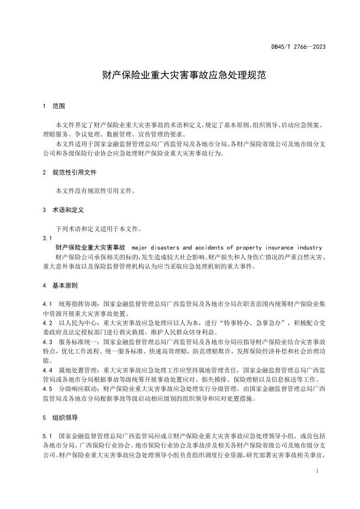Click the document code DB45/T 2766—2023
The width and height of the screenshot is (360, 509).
click(299, 47)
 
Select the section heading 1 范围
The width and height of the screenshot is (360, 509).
click(54, 106)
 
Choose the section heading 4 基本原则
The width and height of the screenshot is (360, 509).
click(61, 285)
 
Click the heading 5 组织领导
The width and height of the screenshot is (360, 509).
click(61, 418)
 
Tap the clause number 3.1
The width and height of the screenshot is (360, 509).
click(47, 238)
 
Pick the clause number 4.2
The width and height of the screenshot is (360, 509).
click(47, 323)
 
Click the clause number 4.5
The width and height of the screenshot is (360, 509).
click(47, 389)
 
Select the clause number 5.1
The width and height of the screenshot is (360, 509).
click(47, 437)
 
